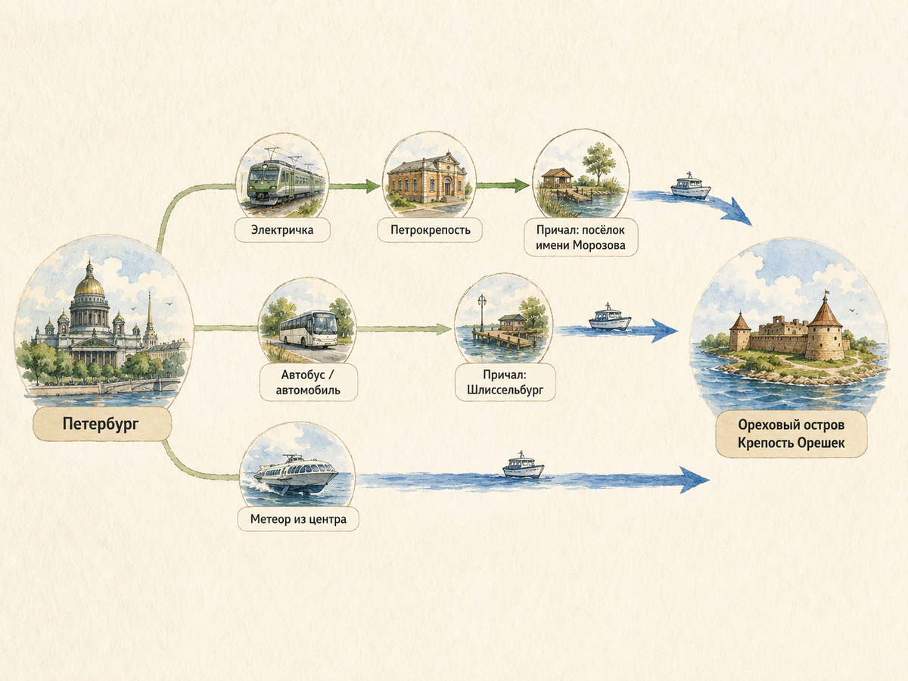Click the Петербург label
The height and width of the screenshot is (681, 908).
[101, 424]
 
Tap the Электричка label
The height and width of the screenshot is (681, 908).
[282, 230]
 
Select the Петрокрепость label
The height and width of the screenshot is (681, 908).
[431, 230]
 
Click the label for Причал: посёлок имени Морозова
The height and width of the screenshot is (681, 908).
[581, 238]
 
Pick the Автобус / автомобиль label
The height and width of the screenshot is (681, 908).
[308, 382]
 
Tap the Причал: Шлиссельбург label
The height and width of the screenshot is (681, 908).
[505, 382]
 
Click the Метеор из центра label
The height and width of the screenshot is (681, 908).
[298, 519]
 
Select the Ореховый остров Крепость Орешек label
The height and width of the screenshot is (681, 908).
[791, 434]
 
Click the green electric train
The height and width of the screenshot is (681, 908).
[285, 184]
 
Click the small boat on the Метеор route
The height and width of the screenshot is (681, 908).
[523, 466]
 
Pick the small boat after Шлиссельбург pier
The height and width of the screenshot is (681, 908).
[610, 318]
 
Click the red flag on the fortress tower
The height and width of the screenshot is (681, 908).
[827, 293]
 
